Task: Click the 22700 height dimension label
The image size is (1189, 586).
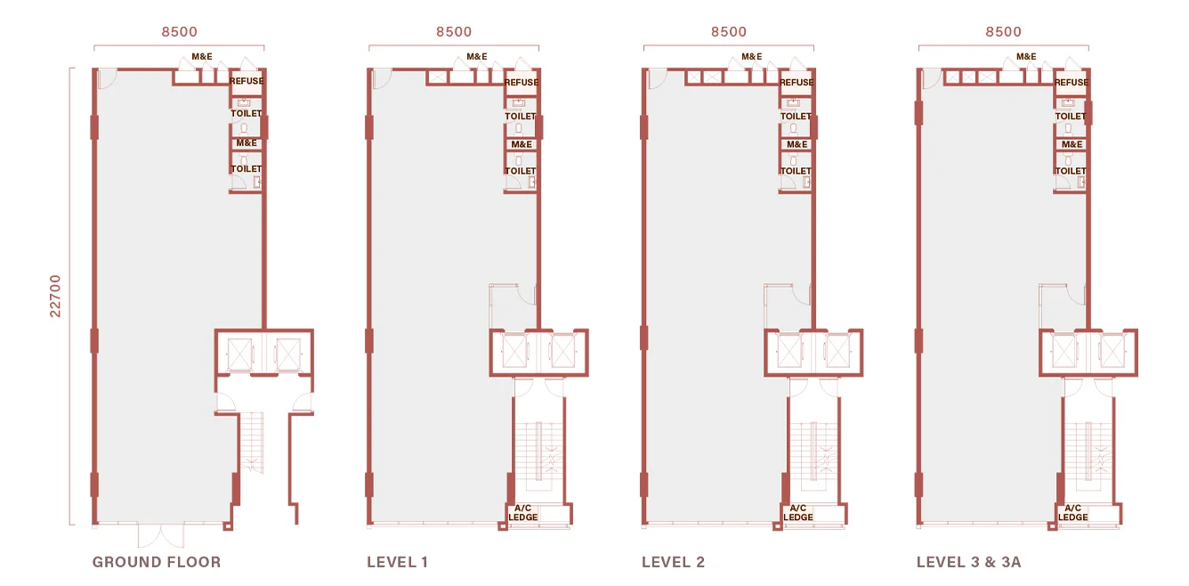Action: [x=55, y=296]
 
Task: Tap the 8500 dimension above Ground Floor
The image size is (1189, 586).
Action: [x=180, y=32]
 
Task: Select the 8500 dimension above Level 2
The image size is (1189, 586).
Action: [x=729, y=32]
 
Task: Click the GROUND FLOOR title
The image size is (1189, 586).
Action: [x=157, y=562]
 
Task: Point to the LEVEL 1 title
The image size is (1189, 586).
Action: [x=398, y=562]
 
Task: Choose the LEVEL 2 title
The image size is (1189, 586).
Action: [x=673, y=562]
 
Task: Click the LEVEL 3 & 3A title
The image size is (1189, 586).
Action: [x=968, y=562]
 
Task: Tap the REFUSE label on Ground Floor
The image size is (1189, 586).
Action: [x=247, y=81]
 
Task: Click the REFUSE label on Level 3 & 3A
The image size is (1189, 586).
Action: [x=1072, y=82]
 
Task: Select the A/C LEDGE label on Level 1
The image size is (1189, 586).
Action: [x=522, y=513]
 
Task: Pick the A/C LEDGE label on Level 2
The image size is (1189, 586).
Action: [x=797, y=513]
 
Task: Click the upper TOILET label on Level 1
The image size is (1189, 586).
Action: [x=521, y=116]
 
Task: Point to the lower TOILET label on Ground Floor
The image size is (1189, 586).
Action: [x=247, y=168]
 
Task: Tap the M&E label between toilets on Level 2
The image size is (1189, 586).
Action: [x=797, y=144]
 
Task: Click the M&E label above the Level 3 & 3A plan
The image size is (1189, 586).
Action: [x=1026, y=56]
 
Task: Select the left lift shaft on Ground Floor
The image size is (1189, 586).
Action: [x=239, y=354]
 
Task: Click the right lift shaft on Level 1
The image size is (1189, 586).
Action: [x=562, y=351]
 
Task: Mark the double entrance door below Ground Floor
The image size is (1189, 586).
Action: [x=161, y=535]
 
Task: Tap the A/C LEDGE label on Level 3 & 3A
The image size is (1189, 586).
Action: [x=1072, y=513]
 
